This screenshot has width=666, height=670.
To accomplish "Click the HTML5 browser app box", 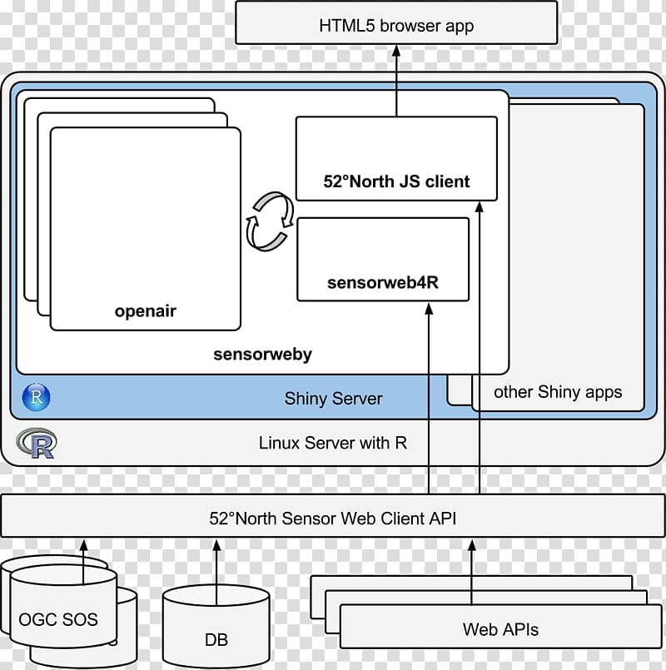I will coord(396,25).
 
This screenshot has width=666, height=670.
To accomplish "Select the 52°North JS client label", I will coord(396,181).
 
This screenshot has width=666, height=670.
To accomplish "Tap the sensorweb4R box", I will coord(383,258).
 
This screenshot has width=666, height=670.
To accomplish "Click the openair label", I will coord(146,312).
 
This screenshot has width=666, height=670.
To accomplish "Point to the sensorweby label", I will coord(262,354).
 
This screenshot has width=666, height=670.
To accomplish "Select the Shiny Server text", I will coord(333,399).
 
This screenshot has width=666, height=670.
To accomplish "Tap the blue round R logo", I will coord(37,397).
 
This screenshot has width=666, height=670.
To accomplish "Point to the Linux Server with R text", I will coord(333,443).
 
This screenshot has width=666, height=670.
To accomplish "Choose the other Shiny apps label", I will coord(558,392).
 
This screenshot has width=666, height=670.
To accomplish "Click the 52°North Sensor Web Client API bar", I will coord(333,519).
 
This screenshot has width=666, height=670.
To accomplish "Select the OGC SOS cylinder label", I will coord(58,619).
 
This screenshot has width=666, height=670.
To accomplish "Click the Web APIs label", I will coord(500,629).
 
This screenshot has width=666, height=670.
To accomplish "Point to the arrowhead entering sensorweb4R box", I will coord(429,310).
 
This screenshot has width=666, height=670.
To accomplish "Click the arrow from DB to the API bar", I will coord(216,566).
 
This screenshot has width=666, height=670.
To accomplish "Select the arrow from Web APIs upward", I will coord(472,574).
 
